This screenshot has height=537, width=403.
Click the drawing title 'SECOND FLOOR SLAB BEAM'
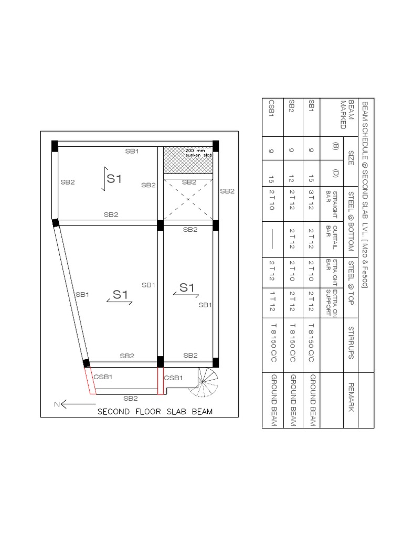click(x=155, y=412)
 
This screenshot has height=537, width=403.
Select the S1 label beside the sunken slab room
click(x=114, y=178)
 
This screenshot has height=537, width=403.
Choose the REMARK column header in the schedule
click(x=350, y=396)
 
